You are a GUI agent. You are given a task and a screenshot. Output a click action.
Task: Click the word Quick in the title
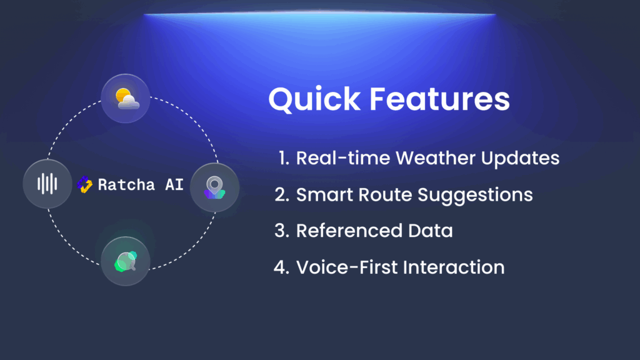(x=314, y=99)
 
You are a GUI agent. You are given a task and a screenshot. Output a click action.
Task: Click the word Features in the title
(x=439, y=99)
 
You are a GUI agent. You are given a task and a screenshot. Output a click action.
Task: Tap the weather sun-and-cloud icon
(x=127, y=98)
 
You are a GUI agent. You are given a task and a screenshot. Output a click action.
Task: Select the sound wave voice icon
(x=47, y=184)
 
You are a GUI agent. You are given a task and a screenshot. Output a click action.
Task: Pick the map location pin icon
(x=215, y=187)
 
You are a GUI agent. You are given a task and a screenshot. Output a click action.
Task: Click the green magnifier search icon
(x=126, y=261)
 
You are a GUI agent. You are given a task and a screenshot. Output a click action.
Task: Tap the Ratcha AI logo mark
(x=84, y=184)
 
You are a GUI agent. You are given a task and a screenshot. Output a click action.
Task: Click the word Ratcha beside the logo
(x=126, y=185)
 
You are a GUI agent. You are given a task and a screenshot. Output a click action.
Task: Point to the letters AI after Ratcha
(x=174, y=185)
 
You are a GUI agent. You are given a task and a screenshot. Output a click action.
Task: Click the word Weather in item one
(x=436, y=158)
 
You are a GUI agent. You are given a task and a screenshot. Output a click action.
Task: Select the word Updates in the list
(x=520, y=159)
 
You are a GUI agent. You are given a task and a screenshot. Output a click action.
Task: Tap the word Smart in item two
(x=325, y=195)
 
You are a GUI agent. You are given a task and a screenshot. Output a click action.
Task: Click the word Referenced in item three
(x=349, y=231)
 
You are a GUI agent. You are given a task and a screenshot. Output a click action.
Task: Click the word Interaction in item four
(x=454, y=267)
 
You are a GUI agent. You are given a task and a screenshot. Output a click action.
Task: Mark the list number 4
(x=282, y=267)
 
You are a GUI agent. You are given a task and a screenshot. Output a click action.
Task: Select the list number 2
(x=282, y=195)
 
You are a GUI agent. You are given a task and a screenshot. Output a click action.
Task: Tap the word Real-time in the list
(x=343, y=158)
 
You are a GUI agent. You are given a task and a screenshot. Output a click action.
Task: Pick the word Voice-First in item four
(x=347, y=267)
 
